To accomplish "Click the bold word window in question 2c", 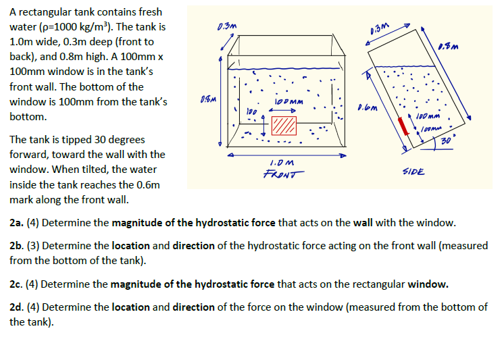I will click(426, 284).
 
